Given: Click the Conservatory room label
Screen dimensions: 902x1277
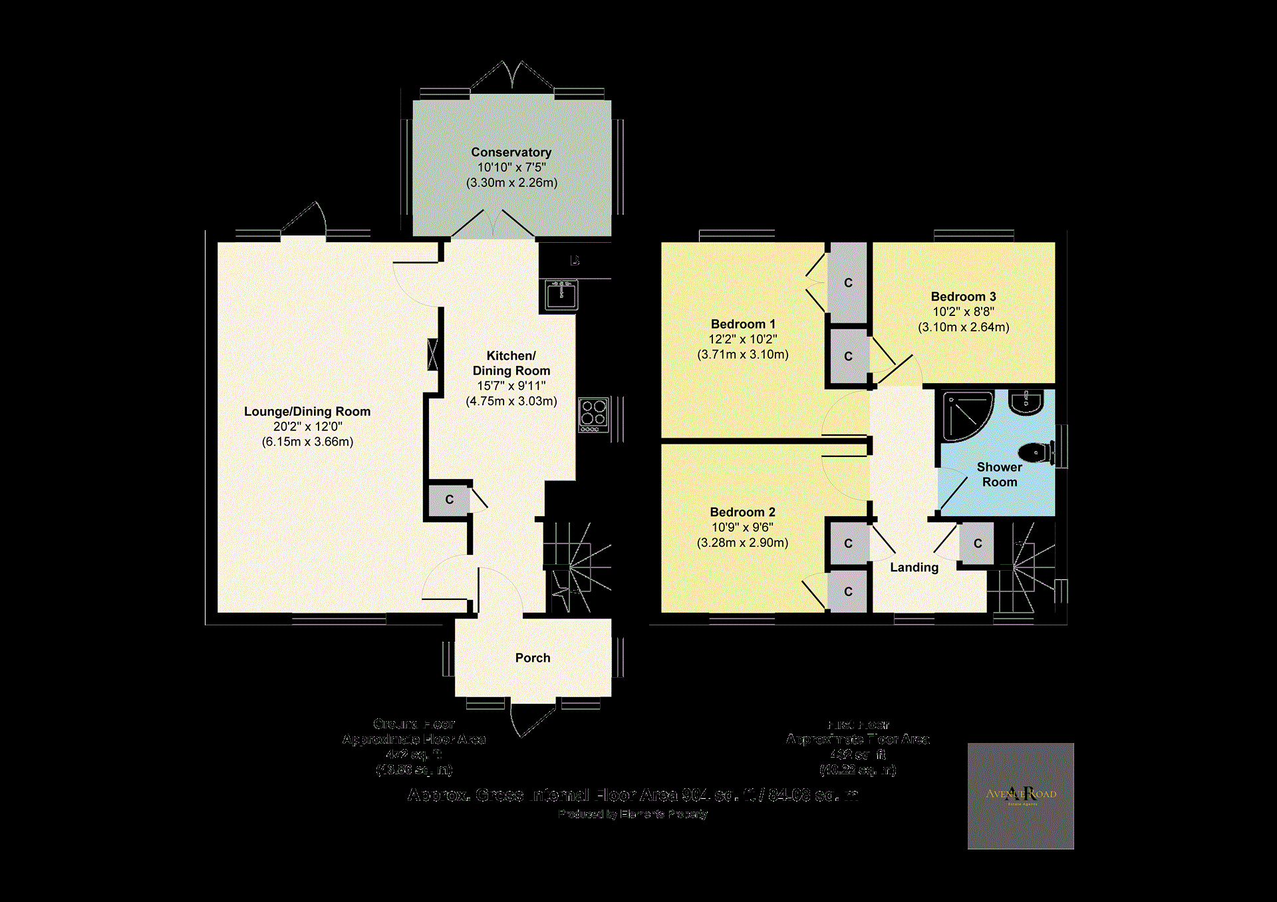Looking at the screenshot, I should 511,152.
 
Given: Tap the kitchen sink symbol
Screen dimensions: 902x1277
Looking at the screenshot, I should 561,295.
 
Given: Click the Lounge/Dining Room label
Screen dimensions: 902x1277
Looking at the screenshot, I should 307,411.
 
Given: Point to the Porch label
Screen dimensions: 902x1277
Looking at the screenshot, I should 533,658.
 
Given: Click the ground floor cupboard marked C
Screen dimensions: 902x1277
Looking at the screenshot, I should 449,500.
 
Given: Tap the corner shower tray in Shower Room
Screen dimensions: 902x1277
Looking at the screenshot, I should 966,416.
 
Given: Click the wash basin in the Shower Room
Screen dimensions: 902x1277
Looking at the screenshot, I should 1026,402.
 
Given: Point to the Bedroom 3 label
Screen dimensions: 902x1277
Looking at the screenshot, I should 963,297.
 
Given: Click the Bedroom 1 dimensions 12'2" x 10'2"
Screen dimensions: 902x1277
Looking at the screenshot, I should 742,339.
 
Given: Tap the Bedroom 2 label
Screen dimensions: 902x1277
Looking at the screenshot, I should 742,512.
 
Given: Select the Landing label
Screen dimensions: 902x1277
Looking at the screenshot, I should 914,567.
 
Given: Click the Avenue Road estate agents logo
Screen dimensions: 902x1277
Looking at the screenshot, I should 1020,796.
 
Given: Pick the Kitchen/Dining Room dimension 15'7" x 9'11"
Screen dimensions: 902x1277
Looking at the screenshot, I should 511,386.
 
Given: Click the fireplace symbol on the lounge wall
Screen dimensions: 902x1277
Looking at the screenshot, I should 433,355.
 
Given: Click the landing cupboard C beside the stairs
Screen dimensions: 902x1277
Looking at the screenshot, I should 977,543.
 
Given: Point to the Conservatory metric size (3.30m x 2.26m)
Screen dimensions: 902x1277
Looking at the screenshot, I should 511,183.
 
